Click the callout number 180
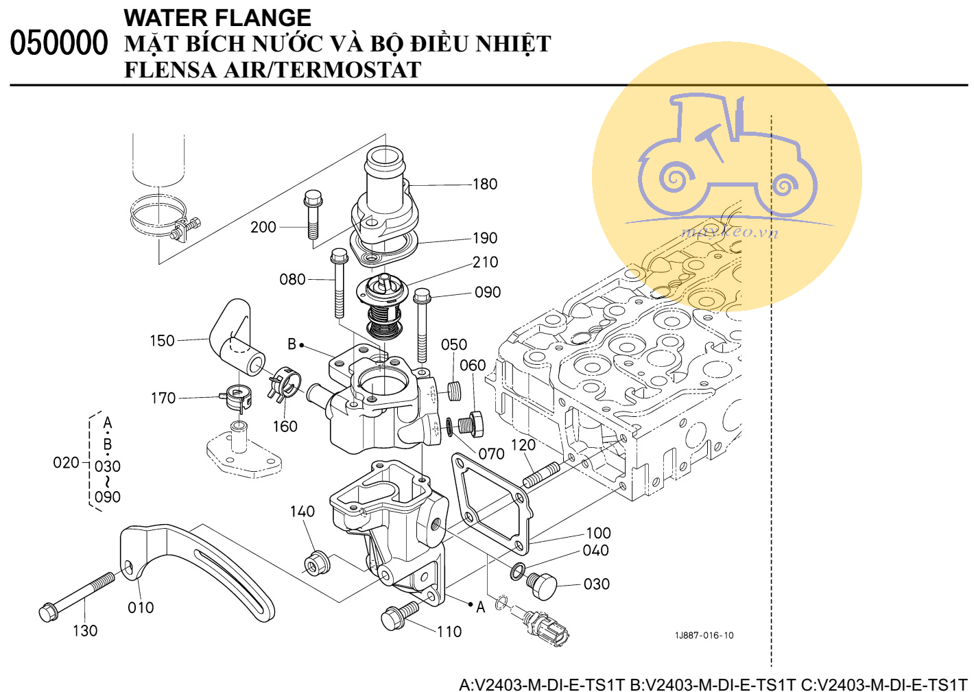(484, 184)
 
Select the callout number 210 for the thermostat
(485, 262)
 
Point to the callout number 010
(141, 608)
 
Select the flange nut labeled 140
(317, 562)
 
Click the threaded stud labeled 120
(541, 474)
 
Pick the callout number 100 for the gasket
(598, 533)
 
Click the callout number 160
(285, 427)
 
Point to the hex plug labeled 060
(473, 423)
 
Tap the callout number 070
(491, 454)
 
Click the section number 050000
(59, 43)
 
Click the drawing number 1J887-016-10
(704, 635)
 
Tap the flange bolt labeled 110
(399, 615)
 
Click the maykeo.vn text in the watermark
(730, 231)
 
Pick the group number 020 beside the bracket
(66, 463)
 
